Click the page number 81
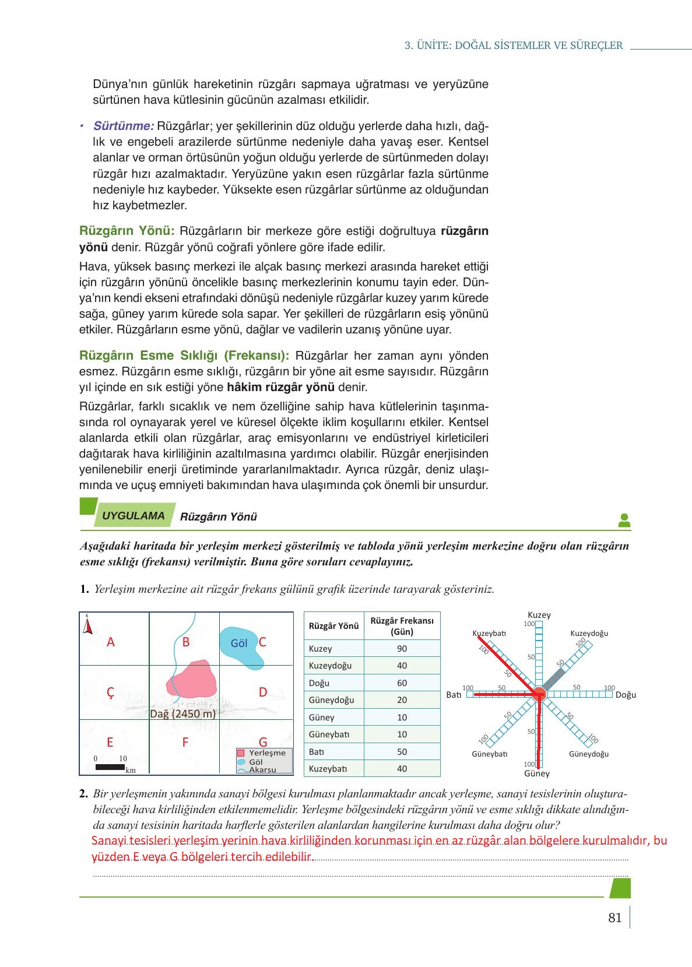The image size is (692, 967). pyautogui.click(x=614, y=918)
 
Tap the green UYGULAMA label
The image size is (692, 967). pyautogui.click(x=134, y=516)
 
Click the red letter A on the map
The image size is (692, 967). pyautogui.click(x=111, y=642)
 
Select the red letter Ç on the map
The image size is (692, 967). pyautogui.click(x=110, y=692)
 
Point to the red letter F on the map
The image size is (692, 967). pyautogui.click(x=185, y=743)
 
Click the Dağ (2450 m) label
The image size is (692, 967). pyautogui.click(x=183, y=714)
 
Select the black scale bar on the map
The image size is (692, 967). pyautogui.click(x=110, y=767)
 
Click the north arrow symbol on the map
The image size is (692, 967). pyautogui.click(x=87, y=625)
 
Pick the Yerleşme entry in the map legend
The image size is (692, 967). pyautogui.click(x=266, y=752)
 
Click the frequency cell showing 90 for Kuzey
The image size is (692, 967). pyautogui.click(x=402, y=649)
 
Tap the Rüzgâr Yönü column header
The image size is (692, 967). pyautogui.click(x=333, y=626)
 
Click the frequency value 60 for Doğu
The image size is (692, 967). pyautogui.click(x=402, y=683)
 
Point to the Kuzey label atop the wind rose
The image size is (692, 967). pyautogui.click(x=539, y=615)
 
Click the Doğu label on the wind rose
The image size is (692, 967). pyautogui.click(x=626, y=695)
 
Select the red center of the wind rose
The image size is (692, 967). pyautogui.click(x=539, y=694)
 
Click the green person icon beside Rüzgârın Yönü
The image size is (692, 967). pyautogui.click(x=624, y=521)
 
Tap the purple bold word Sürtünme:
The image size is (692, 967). pyautogui.click(x=123, y=126)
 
